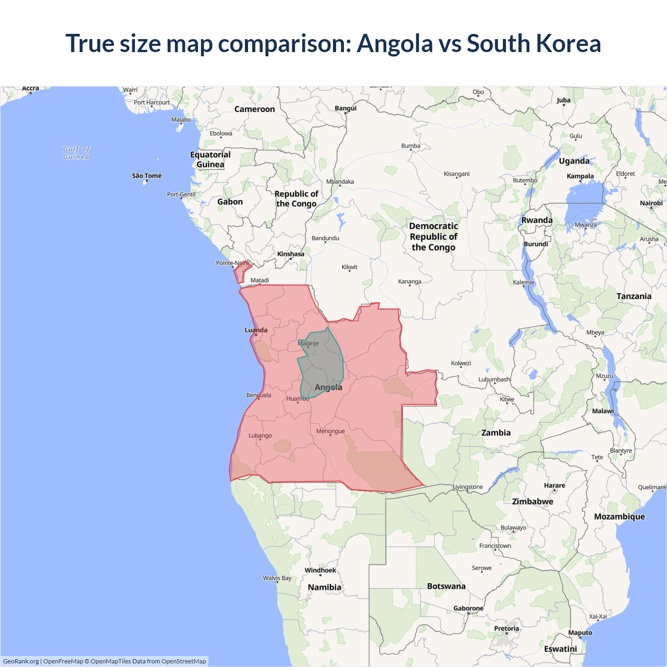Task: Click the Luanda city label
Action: tap(256, 330)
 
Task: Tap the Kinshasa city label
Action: tap(290, 254)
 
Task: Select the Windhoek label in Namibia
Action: tap(320, 570)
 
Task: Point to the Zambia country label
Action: tap(496, 433)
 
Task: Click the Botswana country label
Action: tap(446, 586)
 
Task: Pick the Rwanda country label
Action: tap(537, 220)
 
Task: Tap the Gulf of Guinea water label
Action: tap(76, 153)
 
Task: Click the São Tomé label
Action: tap(146, 176)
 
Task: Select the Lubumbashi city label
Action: tap(494, 379)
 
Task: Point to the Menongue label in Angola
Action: tap(330, 431)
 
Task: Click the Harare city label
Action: tap(554, 485)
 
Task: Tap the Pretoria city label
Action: tap(507, 628)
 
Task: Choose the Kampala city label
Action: tap(580, 176)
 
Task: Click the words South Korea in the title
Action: tap(534, 43)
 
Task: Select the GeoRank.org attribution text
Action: tap(21, 661)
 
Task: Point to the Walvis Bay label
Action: tap(277, 578)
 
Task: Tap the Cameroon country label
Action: tap(254, 109)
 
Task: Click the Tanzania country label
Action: tap(634, 296)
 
